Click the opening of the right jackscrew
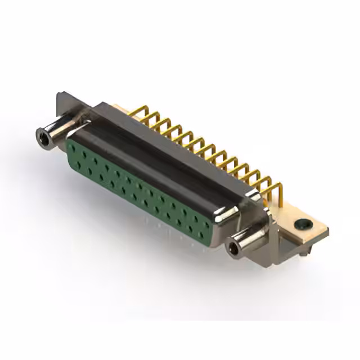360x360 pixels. [232, 248]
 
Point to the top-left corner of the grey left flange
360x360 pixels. [58, 93]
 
